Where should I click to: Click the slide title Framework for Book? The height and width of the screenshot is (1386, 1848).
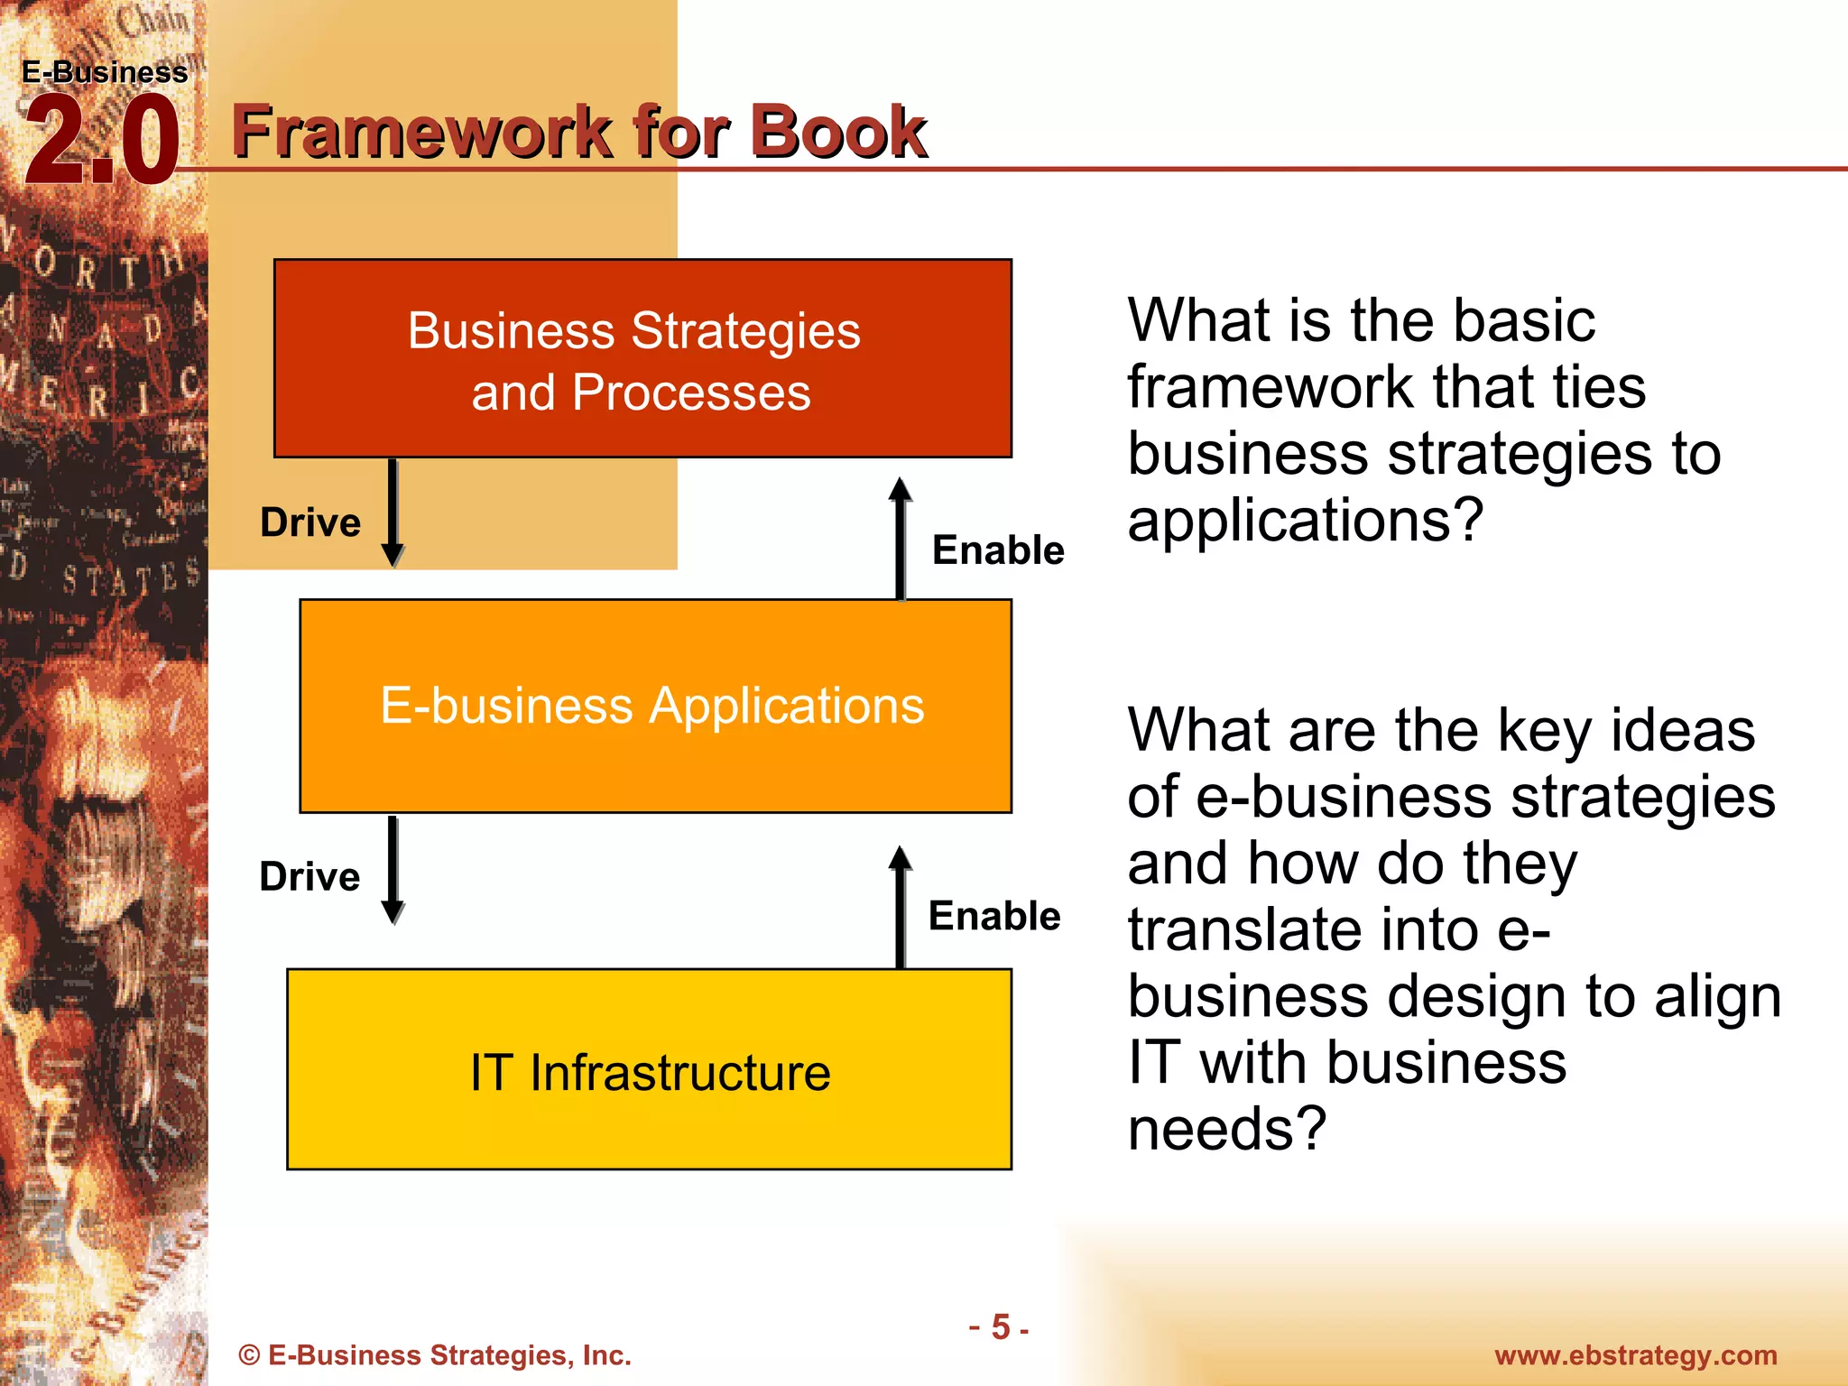pyautogui.click(x=578, y=132)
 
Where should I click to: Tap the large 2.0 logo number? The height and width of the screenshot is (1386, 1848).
pyautogui.click(x=101, y=142)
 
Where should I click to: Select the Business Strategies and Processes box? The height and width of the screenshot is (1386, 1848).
pyautogui.click(x=642, y=359)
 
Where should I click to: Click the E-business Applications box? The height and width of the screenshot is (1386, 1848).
pyautogui.click(x=654, y=706)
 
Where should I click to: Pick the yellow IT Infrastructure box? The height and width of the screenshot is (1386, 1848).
pyautogui.click(x=649, y=1070)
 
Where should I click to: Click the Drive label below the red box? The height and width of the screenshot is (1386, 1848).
pyautogui.click(x=310, y=522)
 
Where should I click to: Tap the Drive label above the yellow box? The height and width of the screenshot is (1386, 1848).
pyautogui.click(x=310, y=877)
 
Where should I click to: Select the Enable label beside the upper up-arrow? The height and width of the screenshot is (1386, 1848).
pyautogui.click(x=998, y=550)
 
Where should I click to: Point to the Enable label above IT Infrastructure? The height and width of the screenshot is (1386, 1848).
pyautogui.click(x=994, y=916)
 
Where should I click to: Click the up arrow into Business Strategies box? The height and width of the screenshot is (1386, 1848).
pyautogui.click(x=900, y=538)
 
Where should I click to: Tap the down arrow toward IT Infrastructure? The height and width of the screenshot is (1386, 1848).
pyautogui.click(x=393, y=870)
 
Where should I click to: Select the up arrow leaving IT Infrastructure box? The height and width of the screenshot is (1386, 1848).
pyautogui.click(x=900, y=906)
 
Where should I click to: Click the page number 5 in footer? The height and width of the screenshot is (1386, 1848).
pyautogui.click(x=1000, y=1327)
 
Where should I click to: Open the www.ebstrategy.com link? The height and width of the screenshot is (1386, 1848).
pyautogui.click(x=1635, y=1355)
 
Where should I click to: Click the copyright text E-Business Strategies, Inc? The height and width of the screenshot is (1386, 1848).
pyautogui.click(x=434, y=1355)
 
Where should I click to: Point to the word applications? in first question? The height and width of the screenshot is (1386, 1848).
pyautogui.click(x=1305, y=520)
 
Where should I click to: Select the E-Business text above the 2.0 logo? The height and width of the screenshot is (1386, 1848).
pyautogui.click(x=105, y=72)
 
